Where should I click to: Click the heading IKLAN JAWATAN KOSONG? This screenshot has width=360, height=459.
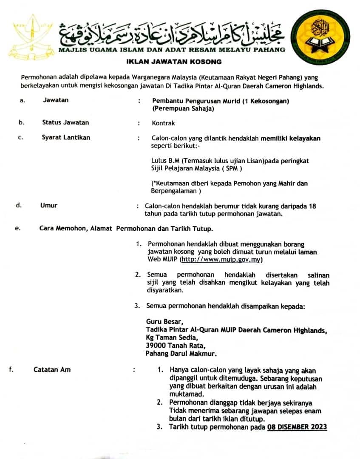[x=174, y=62]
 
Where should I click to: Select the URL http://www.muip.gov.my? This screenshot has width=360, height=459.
[x=221, y=259]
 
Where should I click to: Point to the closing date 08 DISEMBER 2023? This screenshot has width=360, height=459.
[x=297, y=427]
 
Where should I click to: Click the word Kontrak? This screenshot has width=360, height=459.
[x=163, y=123]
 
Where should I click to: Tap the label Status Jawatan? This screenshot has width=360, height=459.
[x=65, y=122]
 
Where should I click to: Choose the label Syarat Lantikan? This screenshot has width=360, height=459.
[x=66, y=137]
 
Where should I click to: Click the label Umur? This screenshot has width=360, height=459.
[x=48, y=205]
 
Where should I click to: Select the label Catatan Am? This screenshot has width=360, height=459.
[x=52, y=369]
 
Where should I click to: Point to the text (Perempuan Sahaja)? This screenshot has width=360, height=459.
[x=183, y=108]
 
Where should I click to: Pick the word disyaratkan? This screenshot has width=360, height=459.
[x=164, y=291]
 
